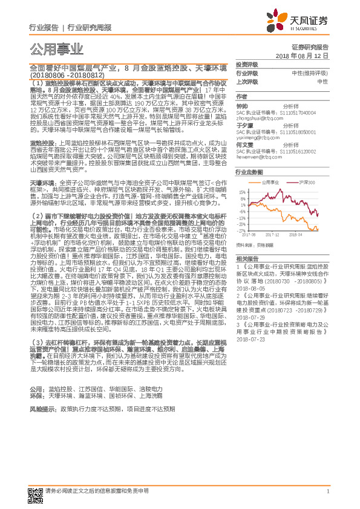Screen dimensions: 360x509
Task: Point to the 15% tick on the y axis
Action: (242, 192)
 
